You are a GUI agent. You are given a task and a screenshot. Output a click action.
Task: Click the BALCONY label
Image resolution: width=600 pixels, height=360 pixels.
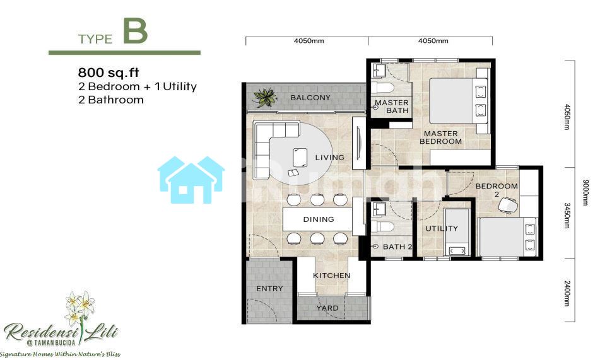tap(310, 98)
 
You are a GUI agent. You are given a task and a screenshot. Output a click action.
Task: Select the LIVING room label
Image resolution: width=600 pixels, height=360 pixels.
tap(329, 157)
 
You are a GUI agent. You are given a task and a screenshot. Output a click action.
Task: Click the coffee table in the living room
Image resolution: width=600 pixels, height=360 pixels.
tap(300, 157)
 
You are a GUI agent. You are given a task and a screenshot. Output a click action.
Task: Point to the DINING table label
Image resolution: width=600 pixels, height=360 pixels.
tap(319, 219)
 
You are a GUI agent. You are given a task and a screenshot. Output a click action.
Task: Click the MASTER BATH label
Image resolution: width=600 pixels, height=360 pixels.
tap(392, 107)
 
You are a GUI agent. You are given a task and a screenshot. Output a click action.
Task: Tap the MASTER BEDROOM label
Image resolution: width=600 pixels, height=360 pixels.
tap(440, 137)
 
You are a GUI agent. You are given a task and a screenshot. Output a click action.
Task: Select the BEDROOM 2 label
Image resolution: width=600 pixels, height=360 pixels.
tap(497, 190)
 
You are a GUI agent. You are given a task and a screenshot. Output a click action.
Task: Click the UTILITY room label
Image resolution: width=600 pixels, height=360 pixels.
tap(442, 228)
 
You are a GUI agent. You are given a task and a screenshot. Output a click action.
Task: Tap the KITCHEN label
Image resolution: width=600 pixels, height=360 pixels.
tap(331, 276)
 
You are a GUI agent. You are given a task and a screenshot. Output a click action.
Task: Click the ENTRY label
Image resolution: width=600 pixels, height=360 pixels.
tap(269, 289)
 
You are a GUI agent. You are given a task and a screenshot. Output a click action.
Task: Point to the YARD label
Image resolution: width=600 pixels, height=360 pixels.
tap(327, 308)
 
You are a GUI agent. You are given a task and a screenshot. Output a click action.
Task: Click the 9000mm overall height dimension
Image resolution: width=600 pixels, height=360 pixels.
tap(585, 192)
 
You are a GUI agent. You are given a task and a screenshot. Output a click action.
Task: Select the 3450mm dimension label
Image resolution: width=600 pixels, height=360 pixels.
tap(567, 216)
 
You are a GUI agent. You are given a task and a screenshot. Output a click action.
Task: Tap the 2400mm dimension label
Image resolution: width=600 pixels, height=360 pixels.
tap(567, 293)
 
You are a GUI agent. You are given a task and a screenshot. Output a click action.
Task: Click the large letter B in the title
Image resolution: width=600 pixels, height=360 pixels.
tap(135, 32)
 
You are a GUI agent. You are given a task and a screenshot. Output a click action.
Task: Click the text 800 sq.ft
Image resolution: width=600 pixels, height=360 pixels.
tap(109, 73)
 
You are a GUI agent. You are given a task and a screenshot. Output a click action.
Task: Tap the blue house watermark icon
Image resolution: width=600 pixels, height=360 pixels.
tap(191, 180)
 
